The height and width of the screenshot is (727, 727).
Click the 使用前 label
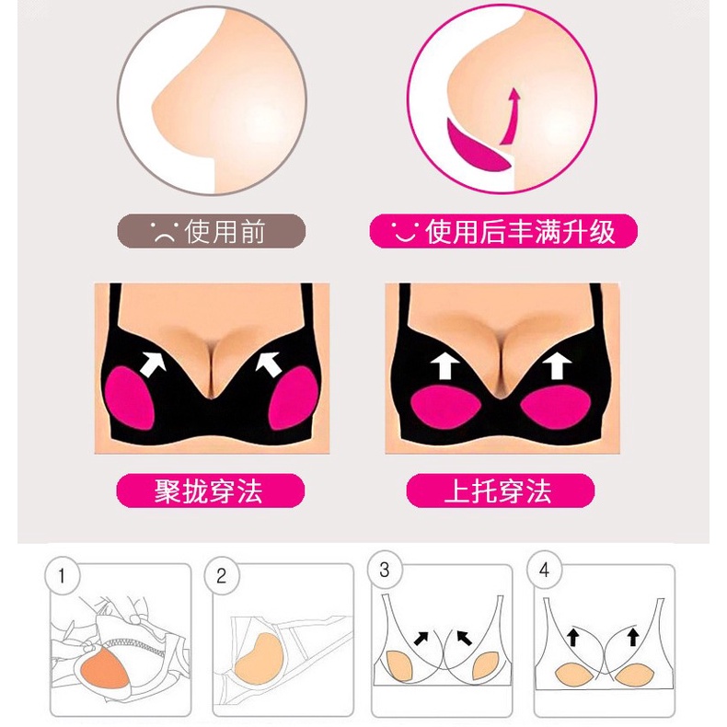coord(225,231)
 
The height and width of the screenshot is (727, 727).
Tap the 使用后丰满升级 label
coord(520,231)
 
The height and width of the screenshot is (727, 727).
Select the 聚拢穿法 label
coord(209,491)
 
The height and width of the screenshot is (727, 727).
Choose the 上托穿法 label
coord(499,491)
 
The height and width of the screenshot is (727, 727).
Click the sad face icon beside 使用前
coord(164,232)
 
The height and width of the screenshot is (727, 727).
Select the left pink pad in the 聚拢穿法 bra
coord(129,398)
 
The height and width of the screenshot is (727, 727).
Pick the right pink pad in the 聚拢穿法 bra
coord(294,398)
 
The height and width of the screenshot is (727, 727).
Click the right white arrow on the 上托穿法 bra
coord(558,365)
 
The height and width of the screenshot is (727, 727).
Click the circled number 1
coord(63,576)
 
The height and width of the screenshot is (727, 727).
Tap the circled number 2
coord(222,576)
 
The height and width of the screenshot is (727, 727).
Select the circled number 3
coord(385,570)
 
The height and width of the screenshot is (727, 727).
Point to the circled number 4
coord(544,570)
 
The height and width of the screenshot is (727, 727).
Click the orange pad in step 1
coord(104,671)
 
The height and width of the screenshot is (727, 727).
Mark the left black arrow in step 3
coord(421,638)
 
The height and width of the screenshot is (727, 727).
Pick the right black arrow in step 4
coord(633,637)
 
